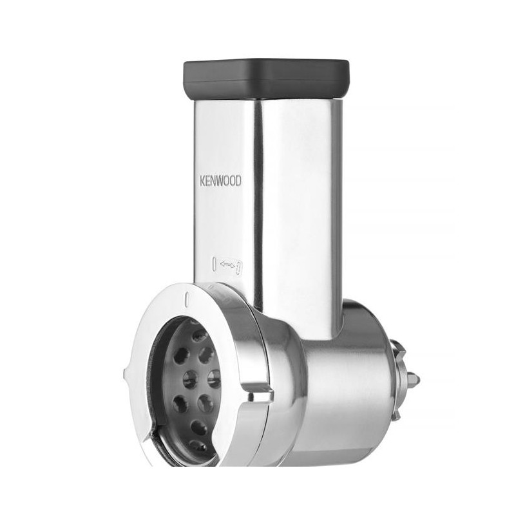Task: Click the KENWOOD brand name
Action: tap(220, 181)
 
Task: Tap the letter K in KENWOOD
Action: tap(202, 181)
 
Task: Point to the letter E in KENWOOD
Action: tap(207, 181)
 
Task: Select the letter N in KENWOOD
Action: tap(213, 181)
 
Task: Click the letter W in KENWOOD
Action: tap(220, 181)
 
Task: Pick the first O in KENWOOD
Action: tap(227, 181)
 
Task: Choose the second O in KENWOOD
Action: tap(233, 181)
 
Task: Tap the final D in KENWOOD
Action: tap(238, 181)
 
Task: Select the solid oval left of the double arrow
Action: tap(215, 264)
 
